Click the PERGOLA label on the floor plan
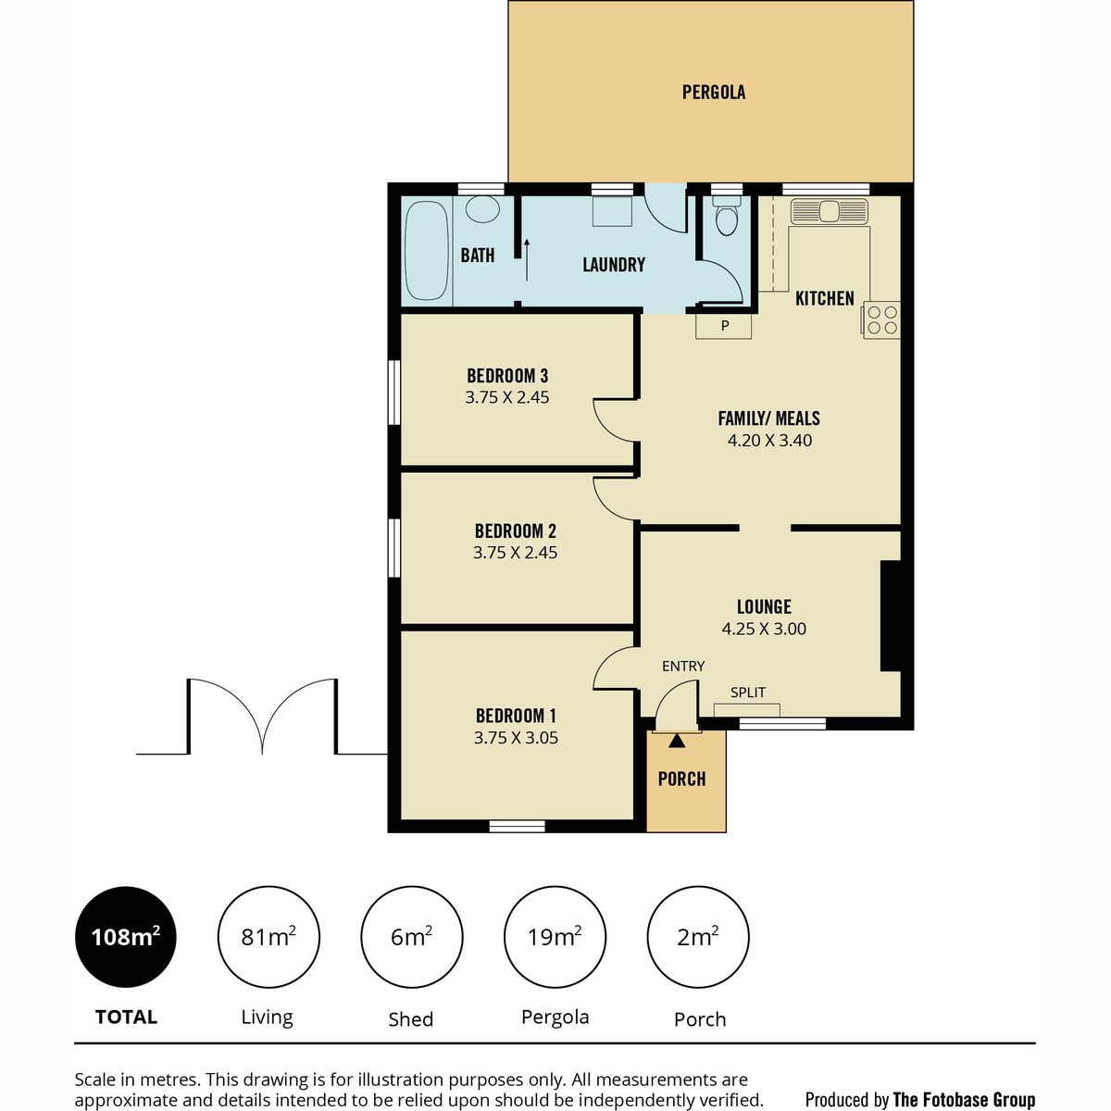point(713,93)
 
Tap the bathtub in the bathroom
point(426,250)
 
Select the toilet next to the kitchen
point(727,216)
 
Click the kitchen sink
point(829,212)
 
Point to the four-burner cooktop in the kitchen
point(881,320)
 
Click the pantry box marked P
point(724,326)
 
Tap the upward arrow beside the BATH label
point(527,260)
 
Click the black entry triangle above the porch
point(677,741)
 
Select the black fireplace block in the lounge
point(891,616)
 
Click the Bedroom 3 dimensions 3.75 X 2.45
point(506,397)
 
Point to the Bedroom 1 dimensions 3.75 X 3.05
point(516,737)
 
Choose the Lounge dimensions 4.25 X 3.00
point(764,629)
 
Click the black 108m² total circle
point(126,937)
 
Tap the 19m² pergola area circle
point(555,937)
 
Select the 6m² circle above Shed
point(412,937)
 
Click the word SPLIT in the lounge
point(748,692)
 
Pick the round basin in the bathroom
point(482,209)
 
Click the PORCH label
point(682,779)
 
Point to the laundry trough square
point(612,212)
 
